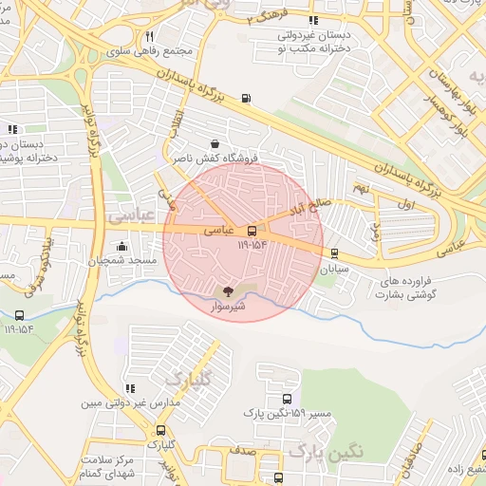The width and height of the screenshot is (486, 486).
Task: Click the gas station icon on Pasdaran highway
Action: pyautogui.click(x=248, y=97)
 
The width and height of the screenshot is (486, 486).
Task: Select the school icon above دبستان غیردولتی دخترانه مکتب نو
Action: pyautogui.click(x=313, y=20)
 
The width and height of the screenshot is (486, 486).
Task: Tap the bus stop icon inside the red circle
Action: pyautogui.click(x=252, y=230)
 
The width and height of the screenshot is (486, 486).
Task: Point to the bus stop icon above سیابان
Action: pyautogui.click(x=334, y=252)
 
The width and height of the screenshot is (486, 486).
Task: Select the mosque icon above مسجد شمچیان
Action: pyautogui.click(x=121, y=246)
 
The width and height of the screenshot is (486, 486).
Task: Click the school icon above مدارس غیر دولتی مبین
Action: pyautogui.click(x=130, y=388)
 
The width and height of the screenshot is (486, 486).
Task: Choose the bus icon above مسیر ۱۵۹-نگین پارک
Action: pyautogui.click(x=288, y=399)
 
